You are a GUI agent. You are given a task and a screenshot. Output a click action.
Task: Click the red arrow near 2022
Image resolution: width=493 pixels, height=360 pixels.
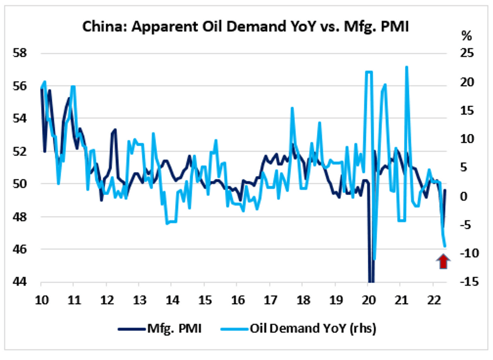tap(443, 261)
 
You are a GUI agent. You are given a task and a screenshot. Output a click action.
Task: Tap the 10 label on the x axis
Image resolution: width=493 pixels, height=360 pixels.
tap(41, 296)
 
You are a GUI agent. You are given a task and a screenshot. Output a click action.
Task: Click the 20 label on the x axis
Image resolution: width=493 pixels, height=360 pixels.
tap(368, 296)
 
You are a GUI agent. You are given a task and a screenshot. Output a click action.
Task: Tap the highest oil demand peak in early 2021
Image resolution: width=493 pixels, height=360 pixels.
tap(406, 67)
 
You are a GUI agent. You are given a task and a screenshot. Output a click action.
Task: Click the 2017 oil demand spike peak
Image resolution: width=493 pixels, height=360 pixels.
tap(292, 109)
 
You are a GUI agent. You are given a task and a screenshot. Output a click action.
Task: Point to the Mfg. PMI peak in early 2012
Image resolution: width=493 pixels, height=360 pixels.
tap(115, 129)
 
